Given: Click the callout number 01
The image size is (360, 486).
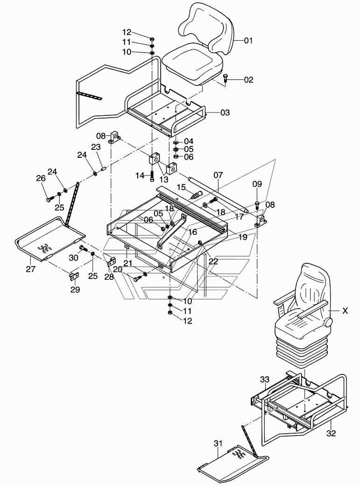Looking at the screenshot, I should pyautogui.click(x=248, y=41).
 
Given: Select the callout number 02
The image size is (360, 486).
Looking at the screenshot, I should pyautogui.click(x=248, y=80).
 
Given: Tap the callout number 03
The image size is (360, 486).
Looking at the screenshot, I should pyautogui.click(x=225, y=113).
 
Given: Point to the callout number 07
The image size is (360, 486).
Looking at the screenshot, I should pyautogui.click(x=218, y=175).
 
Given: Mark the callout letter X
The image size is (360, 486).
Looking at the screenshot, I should pyautogui.click(x=346, y=310).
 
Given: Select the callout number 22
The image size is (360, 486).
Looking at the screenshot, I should pyautogui.click(x=213, y=262).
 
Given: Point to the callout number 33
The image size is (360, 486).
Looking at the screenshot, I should pyautogui.click(x=265, y=380).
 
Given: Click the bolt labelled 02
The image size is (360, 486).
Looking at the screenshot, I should pyautogui.click(x=226, y=79).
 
